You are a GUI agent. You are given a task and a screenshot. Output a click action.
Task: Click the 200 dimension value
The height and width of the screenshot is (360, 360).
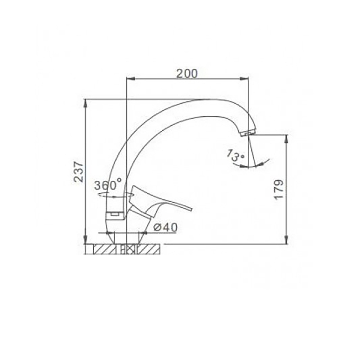point(187,73)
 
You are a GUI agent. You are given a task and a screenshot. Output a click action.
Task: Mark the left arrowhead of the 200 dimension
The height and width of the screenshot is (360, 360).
point(129,78)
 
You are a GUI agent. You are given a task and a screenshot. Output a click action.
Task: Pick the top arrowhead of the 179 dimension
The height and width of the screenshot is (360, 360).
point(287,138)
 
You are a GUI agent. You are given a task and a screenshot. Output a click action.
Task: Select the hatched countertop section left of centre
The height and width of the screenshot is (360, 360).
point(103,249)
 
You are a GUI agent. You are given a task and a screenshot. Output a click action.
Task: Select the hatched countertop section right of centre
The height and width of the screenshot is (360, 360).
point(149,249)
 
